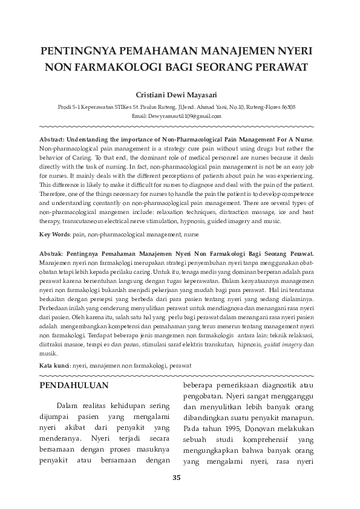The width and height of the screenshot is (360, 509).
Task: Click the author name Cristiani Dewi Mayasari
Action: click(180, 96)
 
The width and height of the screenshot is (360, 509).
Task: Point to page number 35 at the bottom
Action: click(177, 478)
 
